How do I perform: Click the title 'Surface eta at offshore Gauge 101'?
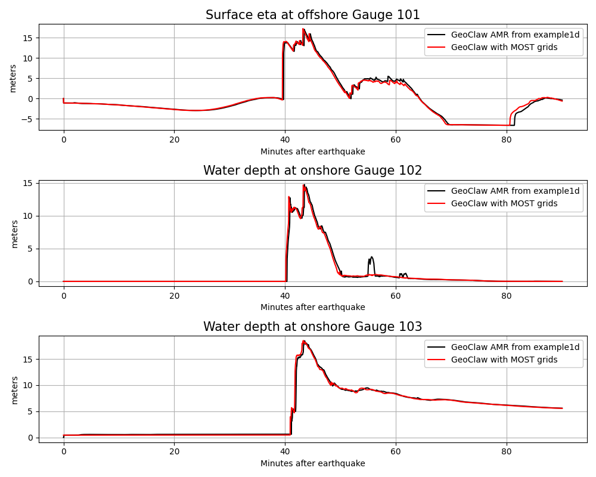pos(312,15)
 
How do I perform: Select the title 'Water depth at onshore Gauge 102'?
pos(312,171)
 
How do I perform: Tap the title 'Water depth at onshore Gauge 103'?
pos(312,327)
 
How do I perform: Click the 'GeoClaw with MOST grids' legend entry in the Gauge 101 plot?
pos(504,47)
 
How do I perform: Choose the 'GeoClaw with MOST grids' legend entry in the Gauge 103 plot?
pos(504,360)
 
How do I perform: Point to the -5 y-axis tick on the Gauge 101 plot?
pos(28,119)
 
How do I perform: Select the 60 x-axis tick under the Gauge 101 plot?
pos(396,139)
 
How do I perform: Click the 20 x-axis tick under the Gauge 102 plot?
pos(174,295)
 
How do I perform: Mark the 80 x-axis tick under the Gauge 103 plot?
pos(507,451)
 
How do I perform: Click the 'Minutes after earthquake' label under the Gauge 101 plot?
pos(312,151)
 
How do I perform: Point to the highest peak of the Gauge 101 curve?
pos(303,29)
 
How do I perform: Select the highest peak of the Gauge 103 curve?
pos(304,341)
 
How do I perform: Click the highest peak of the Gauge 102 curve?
pos(304,185)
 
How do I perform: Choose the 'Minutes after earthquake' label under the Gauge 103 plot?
pos(312,463)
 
